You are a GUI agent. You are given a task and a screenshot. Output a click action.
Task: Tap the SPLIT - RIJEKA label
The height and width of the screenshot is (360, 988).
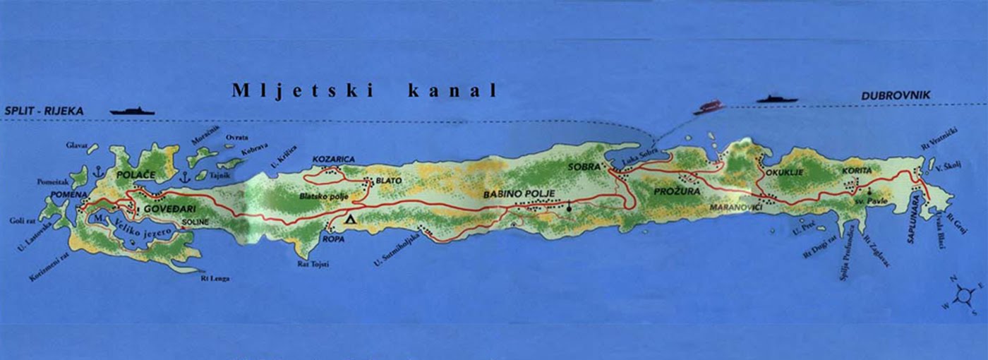pyautogui.click(x=44, y=111)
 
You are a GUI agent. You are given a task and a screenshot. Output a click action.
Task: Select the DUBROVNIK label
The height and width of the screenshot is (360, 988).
pyautogui.click(x=896, y=95)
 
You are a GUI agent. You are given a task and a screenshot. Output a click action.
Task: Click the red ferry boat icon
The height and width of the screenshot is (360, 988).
pyautogui.click(x=709, y=107)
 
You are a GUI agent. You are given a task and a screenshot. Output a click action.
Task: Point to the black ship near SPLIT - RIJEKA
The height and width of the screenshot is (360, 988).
pyautogui.click(x=132, y=111)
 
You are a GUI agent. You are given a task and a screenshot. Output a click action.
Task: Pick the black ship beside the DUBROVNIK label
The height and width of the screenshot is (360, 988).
pyautogui.click(x=777, y=99)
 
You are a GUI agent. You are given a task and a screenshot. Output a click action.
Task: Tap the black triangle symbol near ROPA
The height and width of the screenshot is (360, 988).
pyautogui.click(x=350, y=220)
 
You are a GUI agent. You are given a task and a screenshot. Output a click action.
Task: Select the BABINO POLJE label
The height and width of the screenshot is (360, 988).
pyautogui.click(x=519, y=193)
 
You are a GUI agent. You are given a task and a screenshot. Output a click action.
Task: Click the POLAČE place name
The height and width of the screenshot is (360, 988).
pyautogui.click(x=135, y=174)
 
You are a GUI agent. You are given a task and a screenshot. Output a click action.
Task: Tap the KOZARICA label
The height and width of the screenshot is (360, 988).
pyautogui.click(x=333, y=160)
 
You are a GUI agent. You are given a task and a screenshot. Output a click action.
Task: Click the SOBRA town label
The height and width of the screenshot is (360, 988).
pyautogui.click(x=583, y=167)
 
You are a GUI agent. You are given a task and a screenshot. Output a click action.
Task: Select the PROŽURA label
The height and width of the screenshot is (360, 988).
pyautogui.click(x=675, y=192)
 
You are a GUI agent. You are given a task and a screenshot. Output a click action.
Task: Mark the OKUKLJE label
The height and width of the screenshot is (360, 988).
pyautogui.click(x=783, y=172)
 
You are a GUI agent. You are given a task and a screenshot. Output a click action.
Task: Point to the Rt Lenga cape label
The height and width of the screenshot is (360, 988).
pyautogui.click(x=215, y=278)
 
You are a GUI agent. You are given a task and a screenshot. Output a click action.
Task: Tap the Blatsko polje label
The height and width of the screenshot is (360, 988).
pyautogui.click(x=325, y=196)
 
